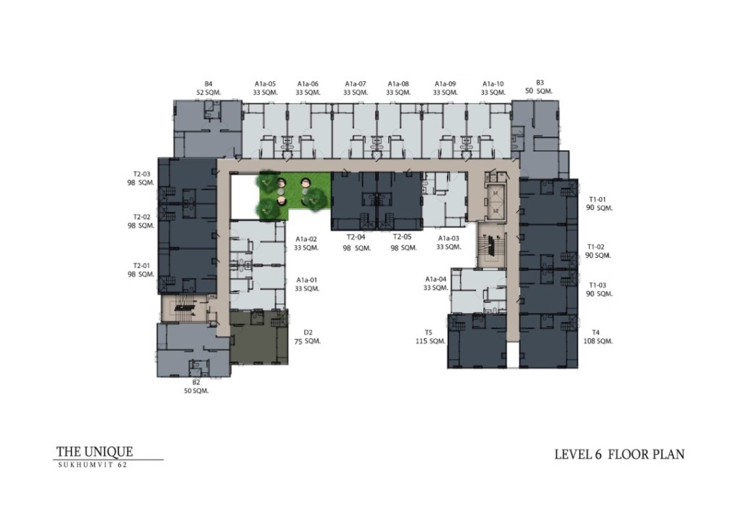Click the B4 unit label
coord(208,84)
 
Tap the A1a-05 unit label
coord(266,84)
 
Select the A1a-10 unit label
coord(493,84)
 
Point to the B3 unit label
coord(540,83)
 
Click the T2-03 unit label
coord(141,174)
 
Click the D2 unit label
coord(308,333)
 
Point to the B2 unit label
coord(196,382)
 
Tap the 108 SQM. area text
coord(599,341)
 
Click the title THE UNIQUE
coord(94,452)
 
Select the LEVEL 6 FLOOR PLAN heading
coord(619,455)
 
